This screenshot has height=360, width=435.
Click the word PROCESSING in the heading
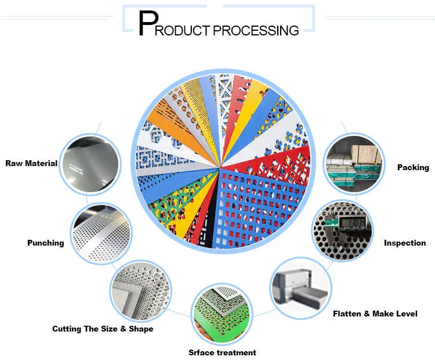tap(257, 30)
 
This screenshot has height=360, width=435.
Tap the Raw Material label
tap(31, 163)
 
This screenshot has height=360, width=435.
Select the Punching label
tap(45, 243)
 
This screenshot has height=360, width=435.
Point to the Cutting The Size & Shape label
tap(103, 329)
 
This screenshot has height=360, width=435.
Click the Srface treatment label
tap(222, 352)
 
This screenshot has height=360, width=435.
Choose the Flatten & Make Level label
tap(375, 314)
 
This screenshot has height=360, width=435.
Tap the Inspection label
tap(405, 243)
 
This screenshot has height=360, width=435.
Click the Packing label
tap(413, 167)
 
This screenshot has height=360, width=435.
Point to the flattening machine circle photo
tap(301, 288)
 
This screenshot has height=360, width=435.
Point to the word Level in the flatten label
tap(405, 314)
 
